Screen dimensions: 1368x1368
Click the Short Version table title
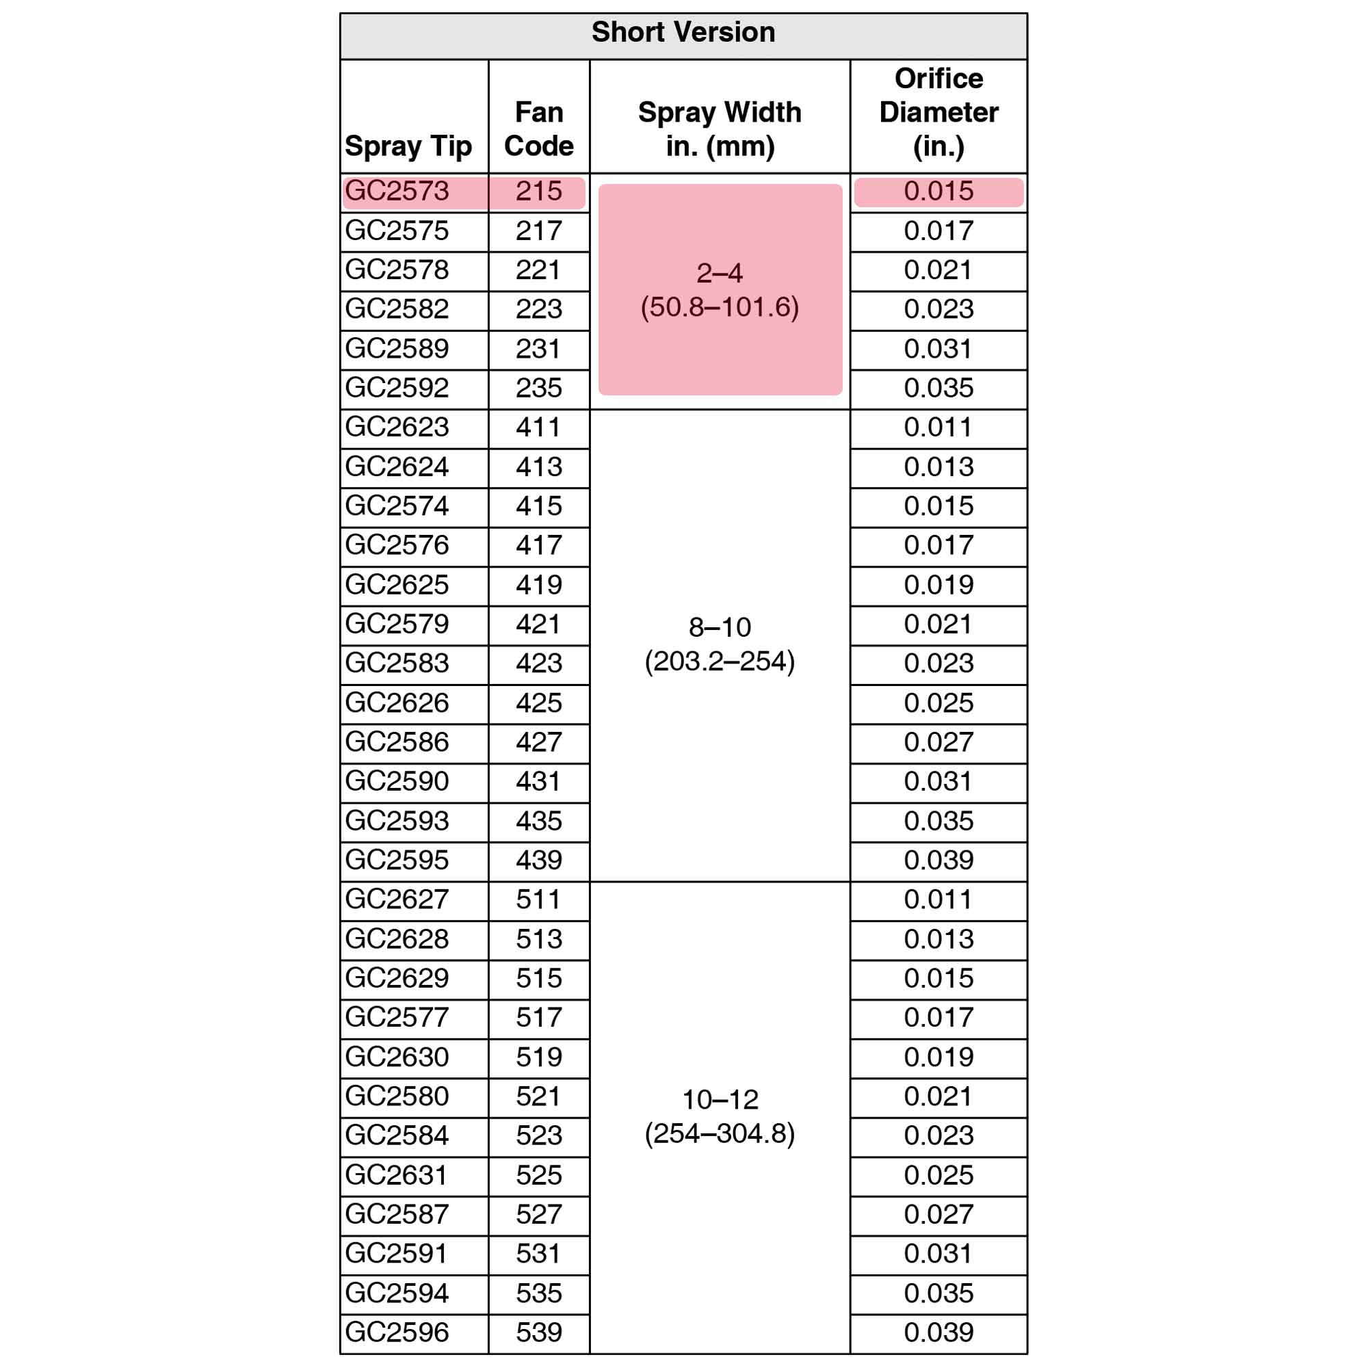(683, 33)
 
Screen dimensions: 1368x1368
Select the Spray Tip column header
(408, 146)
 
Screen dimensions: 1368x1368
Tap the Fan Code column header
(539, 129)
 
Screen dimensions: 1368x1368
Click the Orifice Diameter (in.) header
(938, 113)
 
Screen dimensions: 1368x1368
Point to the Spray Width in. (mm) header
(720, 129)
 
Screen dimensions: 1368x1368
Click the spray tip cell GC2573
(397, 192)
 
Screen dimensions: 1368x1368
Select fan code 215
(539, 192)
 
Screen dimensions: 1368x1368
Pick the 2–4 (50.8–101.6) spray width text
(720, 290)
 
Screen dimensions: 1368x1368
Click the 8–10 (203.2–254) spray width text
(720, 644)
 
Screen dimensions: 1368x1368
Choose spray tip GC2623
(397, 427)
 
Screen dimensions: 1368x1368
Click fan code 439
(539, 860)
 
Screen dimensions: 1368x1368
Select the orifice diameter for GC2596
(938, 1332)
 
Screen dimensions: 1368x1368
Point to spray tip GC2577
(397, 1018)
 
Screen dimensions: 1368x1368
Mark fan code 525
(539, 1174)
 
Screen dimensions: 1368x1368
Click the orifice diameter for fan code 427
(938, 742)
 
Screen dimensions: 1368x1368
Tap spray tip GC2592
(397, 388)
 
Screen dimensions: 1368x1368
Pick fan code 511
(539, 899)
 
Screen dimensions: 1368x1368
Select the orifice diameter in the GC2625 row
(938, 585)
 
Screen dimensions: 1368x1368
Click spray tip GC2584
(397, 1135)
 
